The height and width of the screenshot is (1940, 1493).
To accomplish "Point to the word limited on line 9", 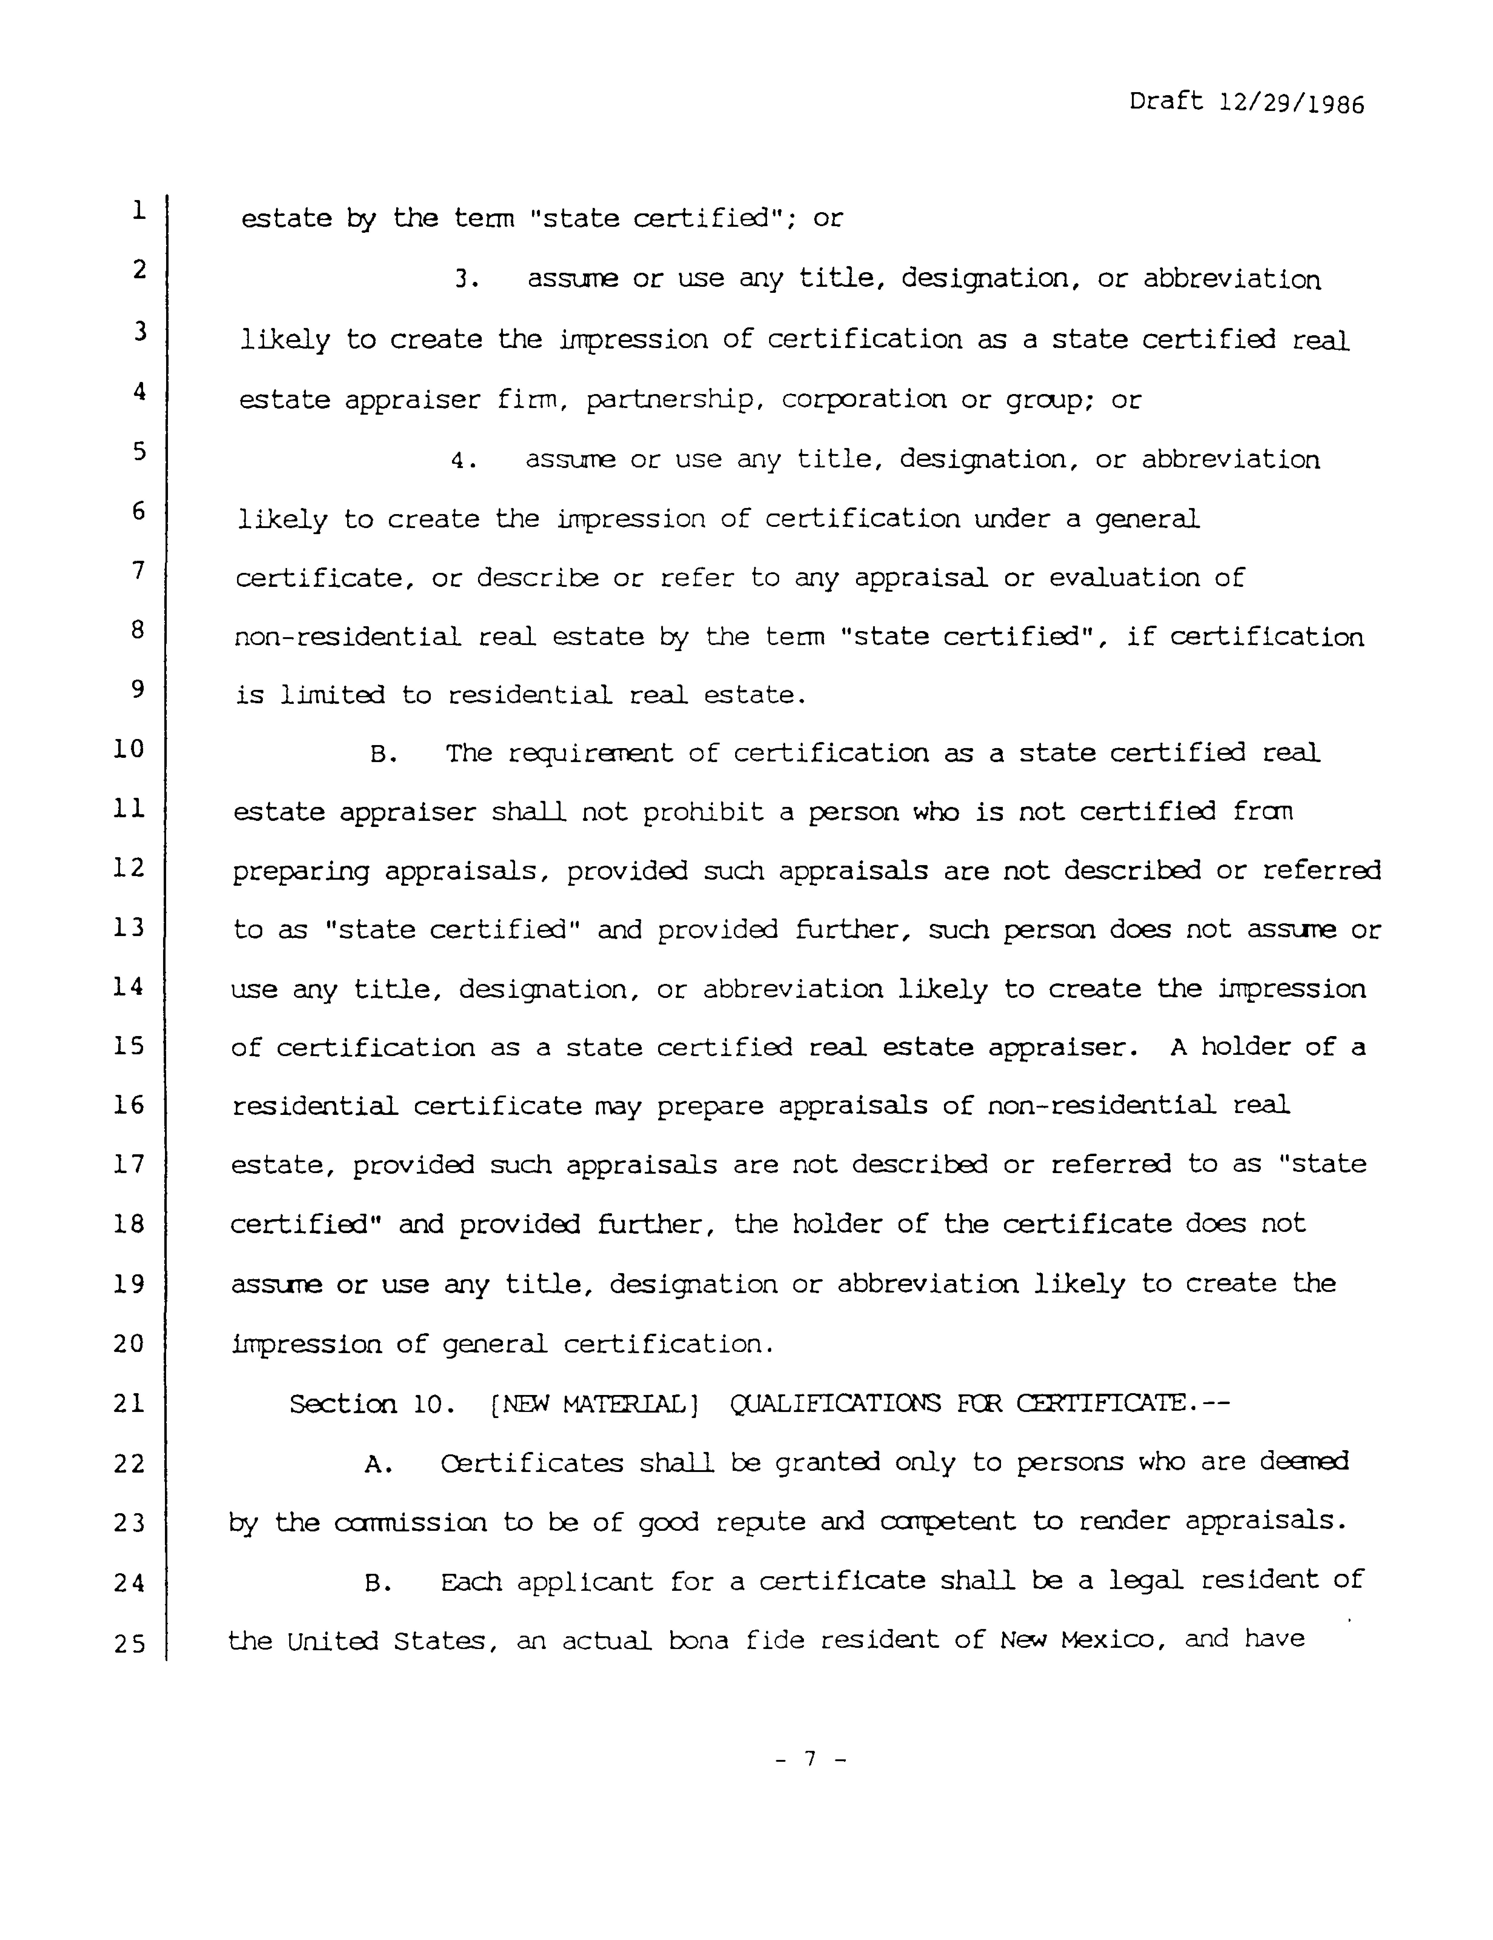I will tap(332, 695).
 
